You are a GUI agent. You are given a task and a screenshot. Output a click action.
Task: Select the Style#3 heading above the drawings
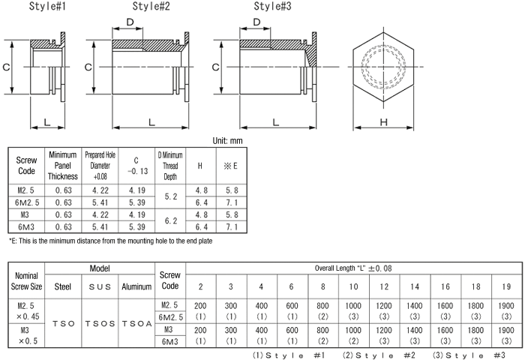277,7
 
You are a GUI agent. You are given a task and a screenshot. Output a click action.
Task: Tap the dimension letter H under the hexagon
382,121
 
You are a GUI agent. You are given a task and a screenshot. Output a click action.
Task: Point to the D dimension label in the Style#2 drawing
130,22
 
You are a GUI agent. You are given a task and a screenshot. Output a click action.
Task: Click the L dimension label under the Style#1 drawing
46,121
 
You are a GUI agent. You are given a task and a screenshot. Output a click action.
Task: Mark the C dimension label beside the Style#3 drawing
217,67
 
